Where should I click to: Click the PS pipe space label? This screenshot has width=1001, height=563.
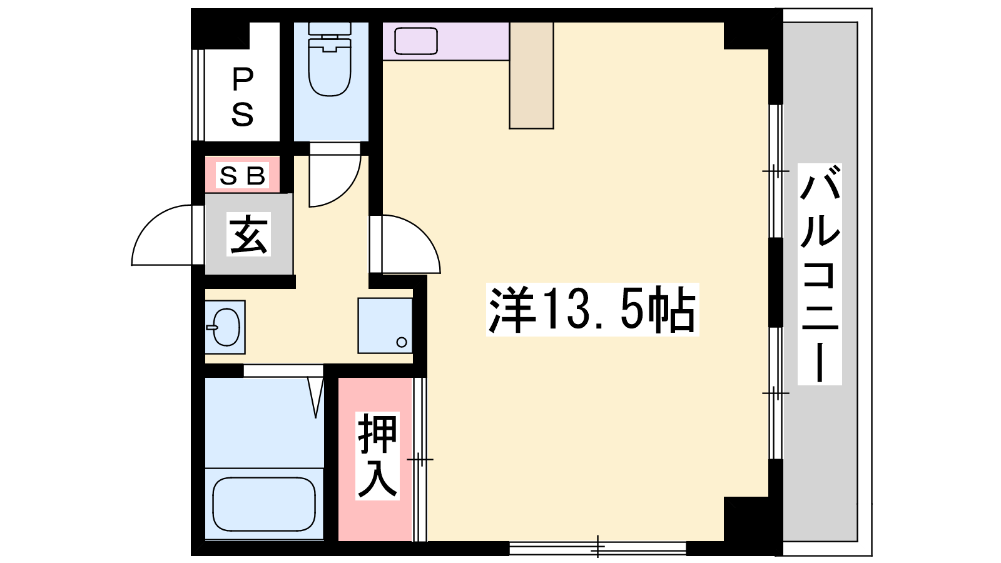(x=242, y=96)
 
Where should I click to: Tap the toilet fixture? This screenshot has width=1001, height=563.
(x=329, y=59)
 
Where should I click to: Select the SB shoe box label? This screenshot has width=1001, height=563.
(x=242, y=175)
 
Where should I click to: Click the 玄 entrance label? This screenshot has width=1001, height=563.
(x=248, y=234)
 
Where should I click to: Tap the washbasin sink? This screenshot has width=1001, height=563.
(x=226, y=327)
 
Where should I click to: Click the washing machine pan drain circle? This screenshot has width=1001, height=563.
(x=401, y=342)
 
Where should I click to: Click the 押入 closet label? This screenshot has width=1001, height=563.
(x=378, y=455)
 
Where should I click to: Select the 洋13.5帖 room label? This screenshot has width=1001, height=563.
(x=592, y=309)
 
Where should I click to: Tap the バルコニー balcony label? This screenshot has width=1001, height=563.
(x=820, y=274)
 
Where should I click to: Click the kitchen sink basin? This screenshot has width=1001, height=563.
(x=415, y=41)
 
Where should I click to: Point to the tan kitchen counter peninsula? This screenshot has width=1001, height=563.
(x=531, y=76)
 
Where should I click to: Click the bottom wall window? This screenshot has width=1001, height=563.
(x=597, y=548)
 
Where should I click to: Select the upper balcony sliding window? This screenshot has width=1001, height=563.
(x=776, y=171)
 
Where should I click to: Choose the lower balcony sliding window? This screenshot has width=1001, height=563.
(x=776, y=393)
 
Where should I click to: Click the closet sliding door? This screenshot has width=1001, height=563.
(x=419, y=459)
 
